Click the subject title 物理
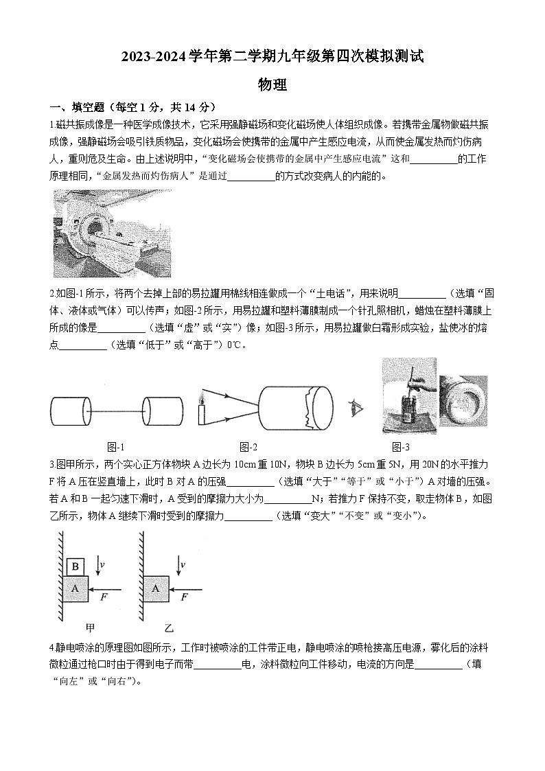click(272, 85)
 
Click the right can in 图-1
click(163, 411)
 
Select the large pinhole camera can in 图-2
click(295, 408)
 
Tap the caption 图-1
click(116, 446)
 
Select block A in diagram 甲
click(76, 588)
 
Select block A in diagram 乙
click(156, 588)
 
